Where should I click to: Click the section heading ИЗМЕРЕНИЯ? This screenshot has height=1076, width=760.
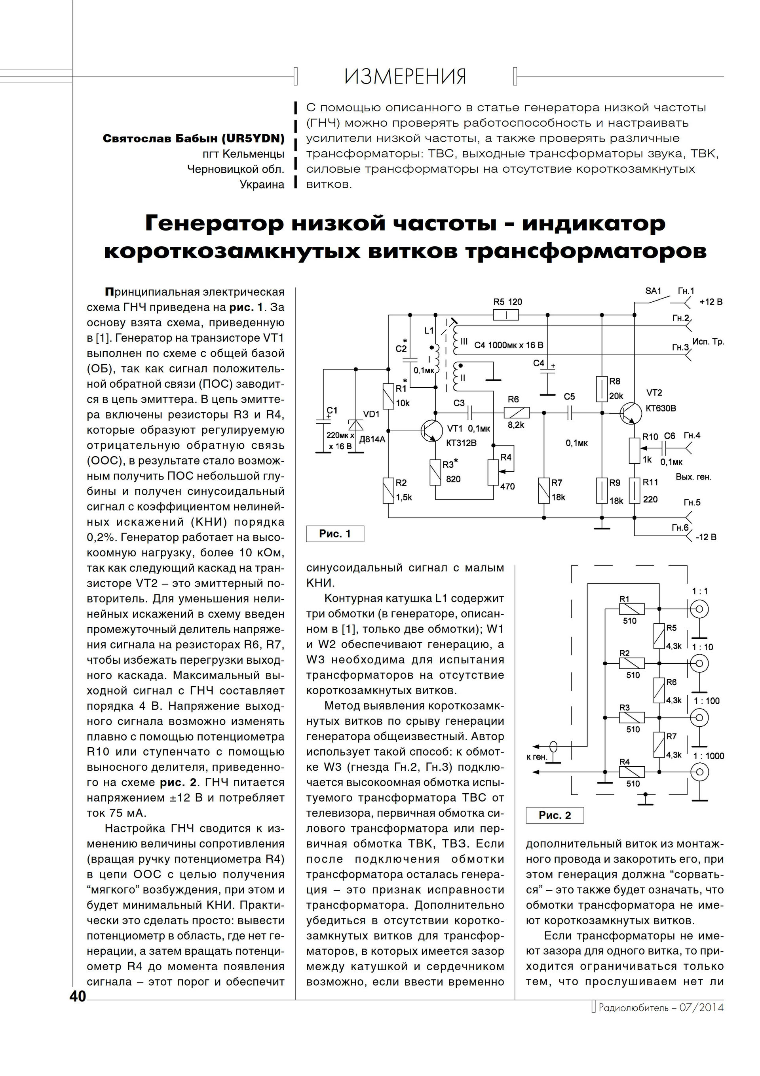[x=405, y=76]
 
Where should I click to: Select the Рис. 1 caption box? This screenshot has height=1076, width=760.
[x=334, y=534]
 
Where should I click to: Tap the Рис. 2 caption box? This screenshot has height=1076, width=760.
[x=555, y=815]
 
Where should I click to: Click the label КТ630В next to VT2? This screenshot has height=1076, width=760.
[x=661, y=408]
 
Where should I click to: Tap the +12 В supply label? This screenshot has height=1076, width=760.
[x=711, y=302]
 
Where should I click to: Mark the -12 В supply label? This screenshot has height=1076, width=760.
[x=706, y=537]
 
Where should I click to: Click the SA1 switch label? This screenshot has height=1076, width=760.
[x=653, y=291]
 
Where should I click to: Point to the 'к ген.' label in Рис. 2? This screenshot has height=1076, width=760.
[x=536, y=757]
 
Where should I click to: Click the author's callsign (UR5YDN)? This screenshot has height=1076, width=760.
[x=253, y=139]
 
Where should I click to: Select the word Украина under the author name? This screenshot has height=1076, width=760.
[x=262, y=185]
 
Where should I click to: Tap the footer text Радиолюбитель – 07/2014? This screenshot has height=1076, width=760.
[x=661, y=1007]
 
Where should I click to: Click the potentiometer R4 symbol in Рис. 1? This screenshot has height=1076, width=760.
[x=493, y=472]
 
